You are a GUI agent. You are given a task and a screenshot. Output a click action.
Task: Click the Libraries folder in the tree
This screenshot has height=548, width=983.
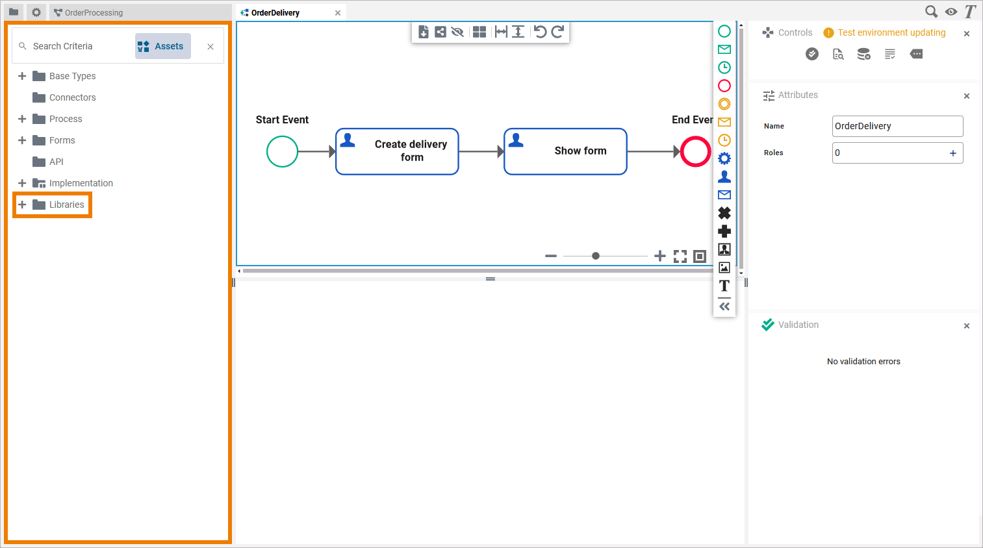coord(66,205)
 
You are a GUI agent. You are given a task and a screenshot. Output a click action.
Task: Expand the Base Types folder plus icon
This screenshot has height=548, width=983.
coord(22,76)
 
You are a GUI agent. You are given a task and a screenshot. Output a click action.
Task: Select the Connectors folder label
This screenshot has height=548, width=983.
coord(72,97)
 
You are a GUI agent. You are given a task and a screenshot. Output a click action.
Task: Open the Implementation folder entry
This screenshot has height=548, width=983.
coord(81,183)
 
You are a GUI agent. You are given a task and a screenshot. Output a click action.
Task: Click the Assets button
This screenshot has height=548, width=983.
coord(163,46)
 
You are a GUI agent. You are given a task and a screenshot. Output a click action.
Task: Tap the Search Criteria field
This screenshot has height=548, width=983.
coord(71,46)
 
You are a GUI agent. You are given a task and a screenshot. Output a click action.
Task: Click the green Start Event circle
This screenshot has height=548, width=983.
coord(282,152)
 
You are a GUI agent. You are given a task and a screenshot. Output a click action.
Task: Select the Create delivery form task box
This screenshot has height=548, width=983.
coord(397,151)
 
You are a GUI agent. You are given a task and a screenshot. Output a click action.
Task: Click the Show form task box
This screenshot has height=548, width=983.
coord(565,151)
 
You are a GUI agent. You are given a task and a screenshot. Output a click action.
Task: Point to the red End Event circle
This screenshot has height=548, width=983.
coord(695,152)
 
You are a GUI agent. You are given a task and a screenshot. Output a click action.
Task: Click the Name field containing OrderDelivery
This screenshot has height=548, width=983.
coord(897,126)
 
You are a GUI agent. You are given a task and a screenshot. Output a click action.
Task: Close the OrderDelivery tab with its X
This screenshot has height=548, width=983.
coord(338,13)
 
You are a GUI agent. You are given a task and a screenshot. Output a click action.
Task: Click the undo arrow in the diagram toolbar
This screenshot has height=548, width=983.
coord(540,32)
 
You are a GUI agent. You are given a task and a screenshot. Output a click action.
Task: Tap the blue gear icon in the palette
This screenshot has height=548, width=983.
coord(724,158)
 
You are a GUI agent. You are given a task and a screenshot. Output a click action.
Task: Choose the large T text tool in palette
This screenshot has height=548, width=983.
coord(724,286)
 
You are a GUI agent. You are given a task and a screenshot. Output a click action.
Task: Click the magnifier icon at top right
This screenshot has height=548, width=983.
coord(931,12)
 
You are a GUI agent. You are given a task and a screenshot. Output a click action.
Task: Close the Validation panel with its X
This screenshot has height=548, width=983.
coord(967,326)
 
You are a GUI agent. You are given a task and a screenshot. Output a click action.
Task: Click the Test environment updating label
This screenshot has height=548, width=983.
coord(891,32)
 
